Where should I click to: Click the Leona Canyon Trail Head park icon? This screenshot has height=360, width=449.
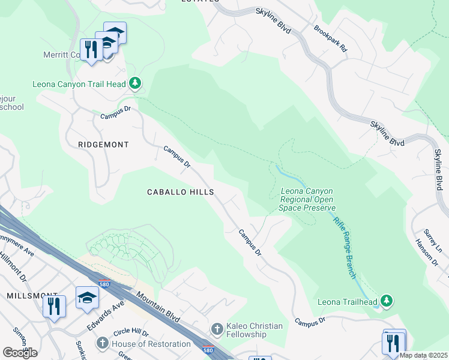pos(136,83)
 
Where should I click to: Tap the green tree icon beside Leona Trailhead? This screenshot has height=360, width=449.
pos(388,299)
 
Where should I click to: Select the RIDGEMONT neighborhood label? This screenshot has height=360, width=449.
pos(103,145)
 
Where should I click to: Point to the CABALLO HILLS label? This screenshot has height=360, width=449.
pos(181,192)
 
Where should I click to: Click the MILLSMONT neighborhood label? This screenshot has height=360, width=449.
pos(23,296)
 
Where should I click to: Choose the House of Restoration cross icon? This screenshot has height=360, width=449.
pos(102,344)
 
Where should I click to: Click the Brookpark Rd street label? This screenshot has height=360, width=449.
pos(330,38)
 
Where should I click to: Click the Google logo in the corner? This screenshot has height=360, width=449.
pos(20,353)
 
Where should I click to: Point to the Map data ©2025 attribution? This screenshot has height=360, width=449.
pos(423,355)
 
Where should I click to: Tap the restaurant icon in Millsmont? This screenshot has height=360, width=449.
pos(55,306)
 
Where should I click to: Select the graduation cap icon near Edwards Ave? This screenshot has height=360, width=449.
pos(87,297)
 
